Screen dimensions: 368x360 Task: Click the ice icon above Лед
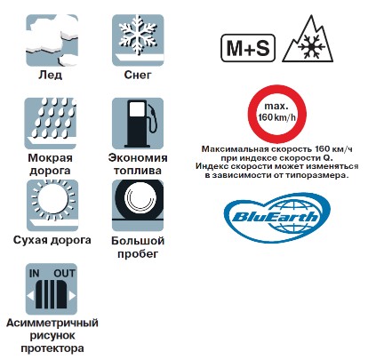coord(52,40)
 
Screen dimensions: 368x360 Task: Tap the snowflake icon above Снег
coord(138,40)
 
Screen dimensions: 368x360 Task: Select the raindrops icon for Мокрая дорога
coord(51,124)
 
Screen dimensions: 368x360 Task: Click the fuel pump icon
coord(138,124)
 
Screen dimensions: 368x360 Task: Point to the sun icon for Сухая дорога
coord(52,205)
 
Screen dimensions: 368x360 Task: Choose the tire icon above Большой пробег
coord(138,205)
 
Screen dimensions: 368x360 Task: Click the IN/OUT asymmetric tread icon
coord(52,289)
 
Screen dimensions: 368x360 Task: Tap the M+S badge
coord(248,48)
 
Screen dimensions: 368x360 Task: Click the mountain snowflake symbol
coord(308,38)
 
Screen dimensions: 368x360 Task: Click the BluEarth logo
coord(276,218)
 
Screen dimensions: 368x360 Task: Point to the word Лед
coord(51,75)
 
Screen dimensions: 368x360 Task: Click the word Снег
coord(138,76)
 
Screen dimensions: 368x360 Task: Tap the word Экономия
coord(138,157)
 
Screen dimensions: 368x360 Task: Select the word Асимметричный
coord(52,323)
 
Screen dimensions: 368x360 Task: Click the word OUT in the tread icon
coord(64,273)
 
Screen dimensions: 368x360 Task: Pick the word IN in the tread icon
coord(35,273)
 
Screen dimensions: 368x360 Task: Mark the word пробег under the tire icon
coord(138,254)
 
